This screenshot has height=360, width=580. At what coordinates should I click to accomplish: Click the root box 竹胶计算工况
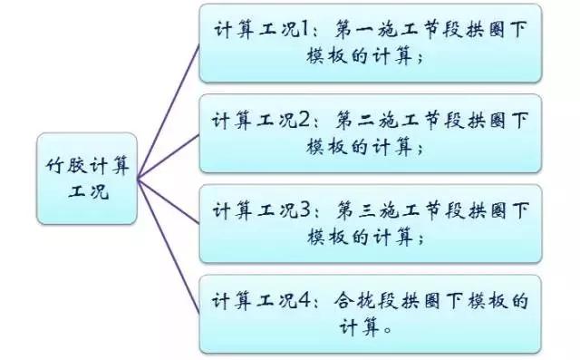coord(87,179)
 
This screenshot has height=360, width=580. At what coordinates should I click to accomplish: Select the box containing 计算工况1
coord(371,43)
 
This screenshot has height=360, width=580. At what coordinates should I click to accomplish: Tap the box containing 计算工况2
coord(371,132)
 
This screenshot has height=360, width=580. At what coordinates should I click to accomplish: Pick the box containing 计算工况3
coord(371,223)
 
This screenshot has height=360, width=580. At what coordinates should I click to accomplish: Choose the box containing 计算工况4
coord(371,313)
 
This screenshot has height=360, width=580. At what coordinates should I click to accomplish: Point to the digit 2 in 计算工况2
coord(304,120)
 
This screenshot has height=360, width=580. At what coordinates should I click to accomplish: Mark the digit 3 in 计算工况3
coord(305,210)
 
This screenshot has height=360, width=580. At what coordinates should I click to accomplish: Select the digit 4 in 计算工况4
coord(305,300)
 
